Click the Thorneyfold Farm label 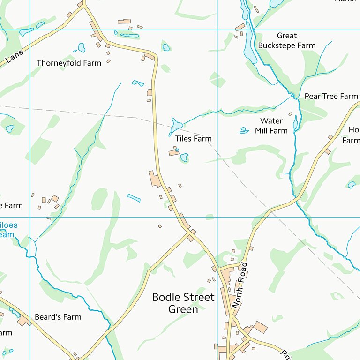click(x=69, y=63)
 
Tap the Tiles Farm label click(x=193, y=139)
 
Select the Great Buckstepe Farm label click(x=286, y=41)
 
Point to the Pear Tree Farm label click(x=331, y=96)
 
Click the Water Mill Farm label click(x=271, y=126)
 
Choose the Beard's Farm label click(x=58, y=317)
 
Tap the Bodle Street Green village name click(x=183, y=303)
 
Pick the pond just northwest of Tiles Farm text click(x=176, y=126)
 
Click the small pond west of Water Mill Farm click(x=244, y=130)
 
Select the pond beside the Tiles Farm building click(x=184, y=157)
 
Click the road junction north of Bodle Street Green click(x=189, y=232)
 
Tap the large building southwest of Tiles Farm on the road click(x=154, y=179)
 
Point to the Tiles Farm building click(x=174, y=152)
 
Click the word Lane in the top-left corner click(x=14, y=59)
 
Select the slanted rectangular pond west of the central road click(x=134, y=198)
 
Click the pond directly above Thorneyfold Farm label click(x=81, y=47)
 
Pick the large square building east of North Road click(x=261, y=327)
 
